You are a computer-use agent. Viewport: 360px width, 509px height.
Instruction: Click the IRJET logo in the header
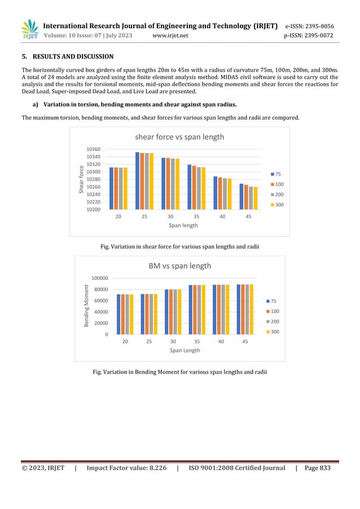[29, 29]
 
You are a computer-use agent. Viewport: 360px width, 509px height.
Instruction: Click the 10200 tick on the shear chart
[93, 209]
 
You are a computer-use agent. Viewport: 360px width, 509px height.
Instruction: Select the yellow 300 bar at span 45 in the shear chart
[256, 198]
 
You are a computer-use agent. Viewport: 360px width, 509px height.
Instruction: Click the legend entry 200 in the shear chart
[279, 194]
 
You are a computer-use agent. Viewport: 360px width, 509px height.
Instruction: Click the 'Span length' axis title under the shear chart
[182, 225]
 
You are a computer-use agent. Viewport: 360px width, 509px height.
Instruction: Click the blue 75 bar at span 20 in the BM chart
[119, 314]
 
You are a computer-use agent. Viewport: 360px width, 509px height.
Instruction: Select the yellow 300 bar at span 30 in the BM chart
[179, 312]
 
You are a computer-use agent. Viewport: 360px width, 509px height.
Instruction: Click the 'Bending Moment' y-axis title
[87, 306]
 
